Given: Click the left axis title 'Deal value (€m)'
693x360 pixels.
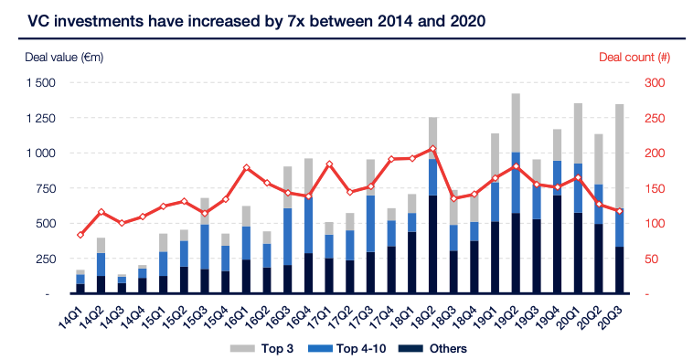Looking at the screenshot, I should coord(64,57).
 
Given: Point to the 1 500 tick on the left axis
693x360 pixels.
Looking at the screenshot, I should coord(40,82).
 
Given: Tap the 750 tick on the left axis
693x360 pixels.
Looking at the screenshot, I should coord(46,188).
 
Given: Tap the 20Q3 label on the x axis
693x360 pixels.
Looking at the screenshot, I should coord(614,314).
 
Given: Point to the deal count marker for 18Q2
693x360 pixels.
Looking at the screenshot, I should coord(432,149).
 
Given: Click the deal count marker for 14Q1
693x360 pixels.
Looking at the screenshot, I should coord(80,235).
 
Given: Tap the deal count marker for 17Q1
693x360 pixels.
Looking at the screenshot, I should coord(329,164).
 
